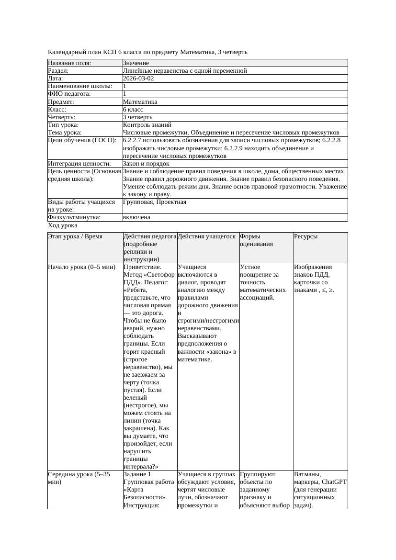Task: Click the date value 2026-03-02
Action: [x=138, y=78]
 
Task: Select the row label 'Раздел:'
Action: [x=58, y=71]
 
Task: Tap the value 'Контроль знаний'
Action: [x=140, y=125]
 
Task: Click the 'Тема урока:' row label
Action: [x=65, y=133]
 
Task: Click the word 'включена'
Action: [x=136, y=217]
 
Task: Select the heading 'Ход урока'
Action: [x=63, y=225]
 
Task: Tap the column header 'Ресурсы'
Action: [x=306, y=236]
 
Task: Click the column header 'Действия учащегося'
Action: [x=206, y=236]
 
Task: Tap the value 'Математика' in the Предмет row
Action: [x=140, y=102]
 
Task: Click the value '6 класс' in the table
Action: [x=133, y=110]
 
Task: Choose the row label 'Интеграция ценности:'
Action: [x=79, y=164]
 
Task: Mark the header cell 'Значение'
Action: [x=136, y=63]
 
